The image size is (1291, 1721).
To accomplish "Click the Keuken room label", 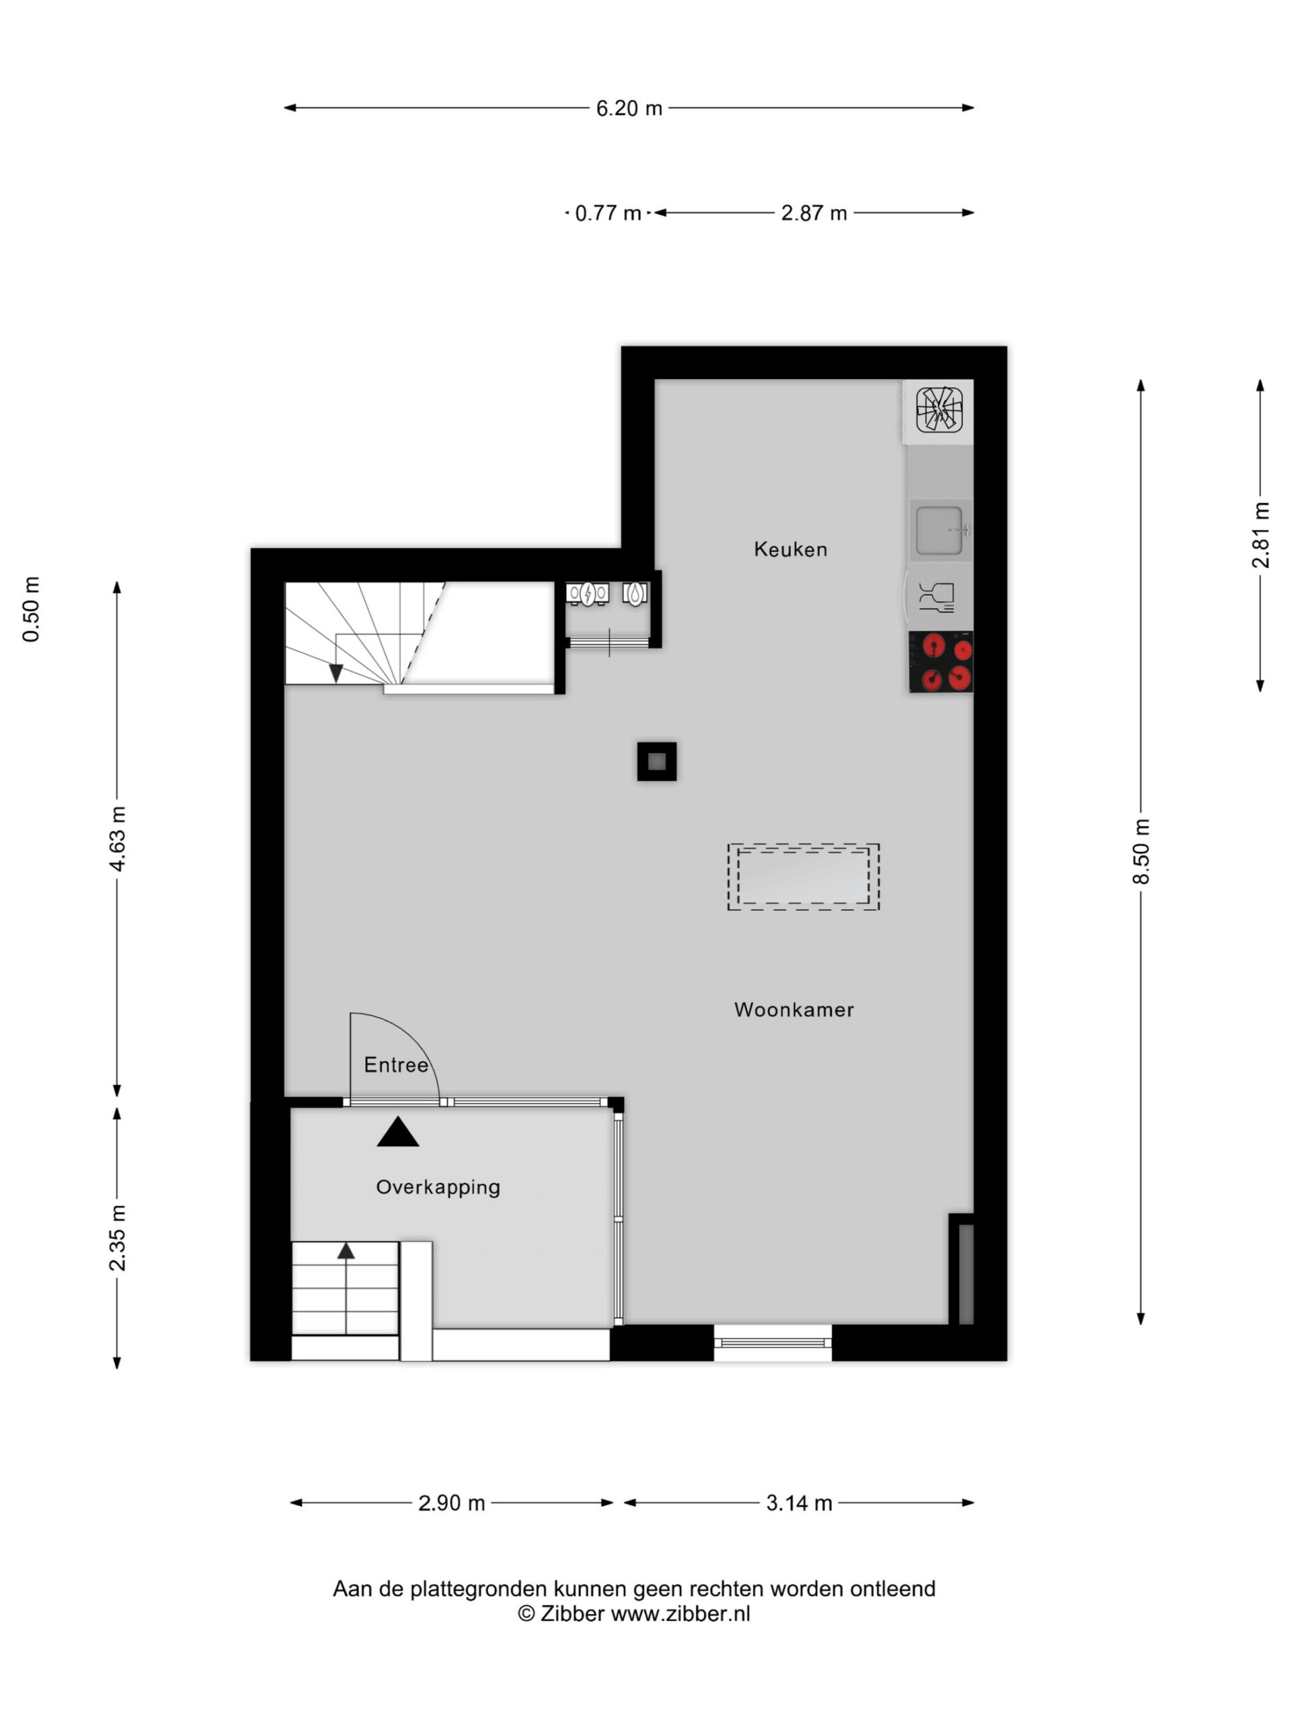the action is (790, 549).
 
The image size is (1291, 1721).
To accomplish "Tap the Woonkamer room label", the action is (793, 1009).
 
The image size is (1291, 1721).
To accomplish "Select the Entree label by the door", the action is (396, 1064).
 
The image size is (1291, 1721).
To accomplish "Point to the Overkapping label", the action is (438, 1187).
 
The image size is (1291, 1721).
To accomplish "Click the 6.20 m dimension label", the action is (629, 108).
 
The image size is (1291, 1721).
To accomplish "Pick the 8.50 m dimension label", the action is (1141, 851).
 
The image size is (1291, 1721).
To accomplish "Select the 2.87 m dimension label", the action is (814, 213).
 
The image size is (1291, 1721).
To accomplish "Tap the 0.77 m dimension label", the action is (608, 213).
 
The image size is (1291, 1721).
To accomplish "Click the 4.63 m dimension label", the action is (117, 839).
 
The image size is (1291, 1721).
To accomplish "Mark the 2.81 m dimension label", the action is (1261, 535).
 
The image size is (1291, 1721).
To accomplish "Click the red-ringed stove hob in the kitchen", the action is (941, 662).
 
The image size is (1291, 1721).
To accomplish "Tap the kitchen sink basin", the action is (939, 530).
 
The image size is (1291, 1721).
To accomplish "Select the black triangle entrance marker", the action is (397, 1132).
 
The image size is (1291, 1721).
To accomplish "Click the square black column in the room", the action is (657, 761).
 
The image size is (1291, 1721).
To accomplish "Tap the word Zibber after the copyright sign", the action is (572, 1613).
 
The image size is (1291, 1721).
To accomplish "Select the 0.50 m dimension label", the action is (31, 609).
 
